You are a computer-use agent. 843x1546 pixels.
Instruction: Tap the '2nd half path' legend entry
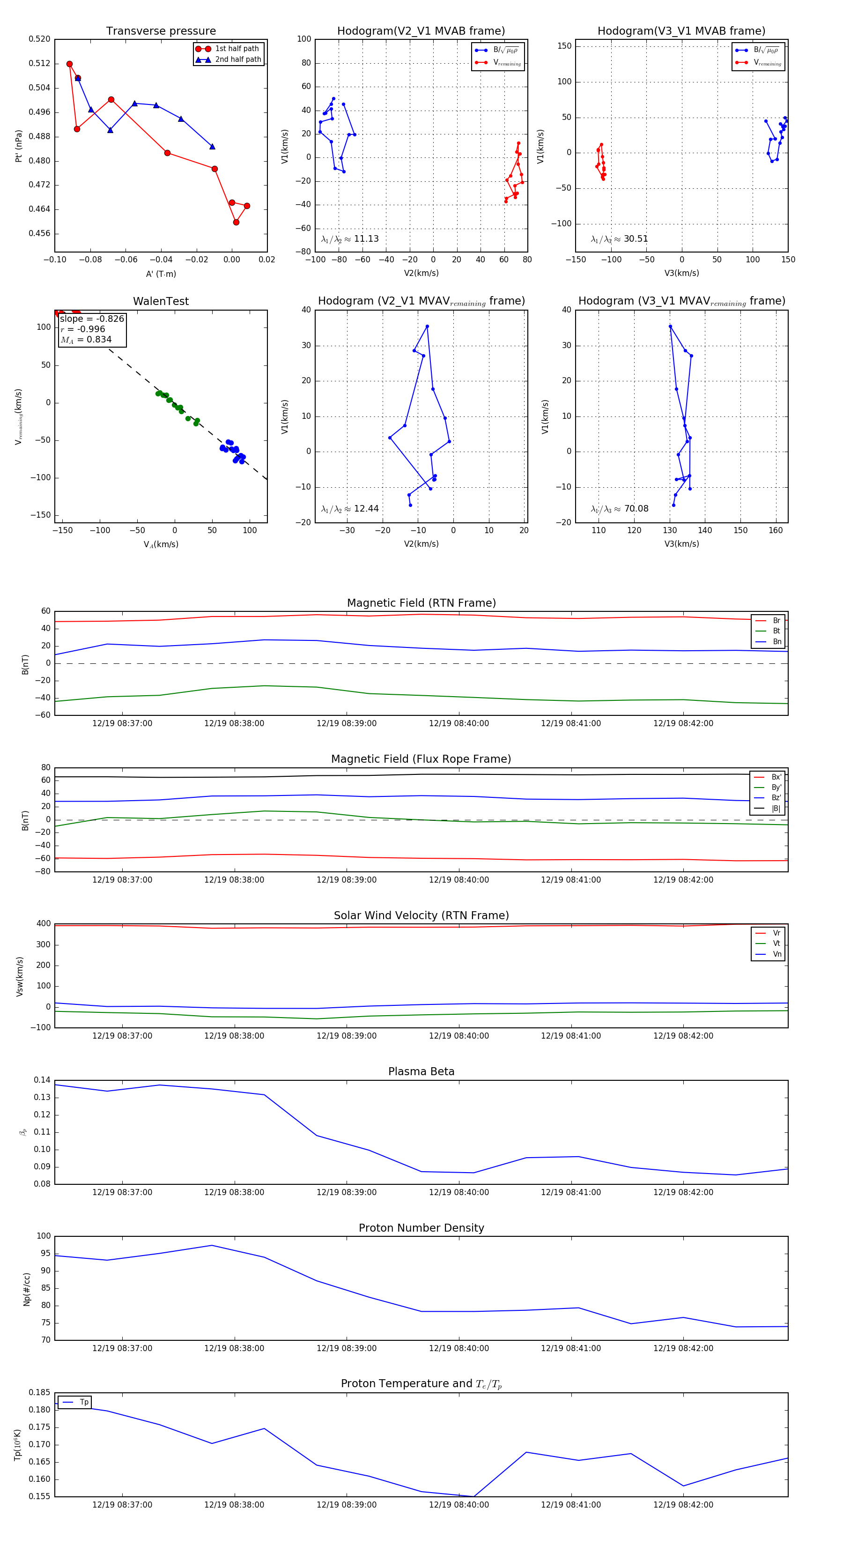(237, 59)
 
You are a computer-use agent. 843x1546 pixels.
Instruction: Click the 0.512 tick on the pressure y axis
(40, 64)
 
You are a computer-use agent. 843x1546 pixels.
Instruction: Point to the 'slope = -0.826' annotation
(92, 319)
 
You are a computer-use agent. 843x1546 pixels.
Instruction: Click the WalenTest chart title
(161, 301)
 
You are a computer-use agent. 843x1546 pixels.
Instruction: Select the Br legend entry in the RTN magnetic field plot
(776, 621)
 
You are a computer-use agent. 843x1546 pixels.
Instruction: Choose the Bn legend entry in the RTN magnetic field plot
(776, 641)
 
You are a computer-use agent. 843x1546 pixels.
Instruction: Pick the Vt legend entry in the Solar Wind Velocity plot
(776, 944)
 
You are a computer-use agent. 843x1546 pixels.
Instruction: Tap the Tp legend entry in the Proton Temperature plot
(84, 1402)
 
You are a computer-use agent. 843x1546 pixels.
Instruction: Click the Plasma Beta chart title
(421, 1071)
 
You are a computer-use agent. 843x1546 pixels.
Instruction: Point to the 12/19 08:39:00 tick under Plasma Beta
(346, 1192)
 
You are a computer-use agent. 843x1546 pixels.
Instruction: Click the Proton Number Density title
(421, 1228)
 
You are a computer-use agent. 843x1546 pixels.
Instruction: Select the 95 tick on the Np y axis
(44, 1253)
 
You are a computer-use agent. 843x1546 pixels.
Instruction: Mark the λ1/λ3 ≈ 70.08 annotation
(619, 509)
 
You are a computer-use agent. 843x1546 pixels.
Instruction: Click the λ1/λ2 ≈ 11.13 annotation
(350, 239)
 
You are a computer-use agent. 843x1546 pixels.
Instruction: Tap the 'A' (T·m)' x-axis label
(161, 274)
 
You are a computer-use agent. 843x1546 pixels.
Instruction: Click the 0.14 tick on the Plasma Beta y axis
(42, 1080)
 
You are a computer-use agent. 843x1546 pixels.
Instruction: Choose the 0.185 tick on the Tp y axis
(40, 1392)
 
